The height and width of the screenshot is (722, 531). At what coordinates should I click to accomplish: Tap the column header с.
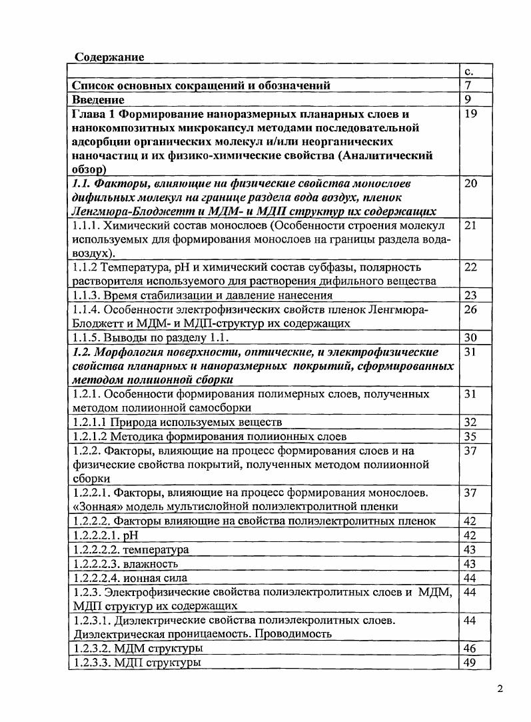click(469, 71)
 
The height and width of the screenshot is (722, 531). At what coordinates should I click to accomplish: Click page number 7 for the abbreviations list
click(468, 85)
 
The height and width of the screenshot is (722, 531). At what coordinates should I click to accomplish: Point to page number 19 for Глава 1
click(471, 114)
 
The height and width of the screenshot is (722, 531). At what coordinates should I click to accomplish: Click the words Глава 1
click(94, 114)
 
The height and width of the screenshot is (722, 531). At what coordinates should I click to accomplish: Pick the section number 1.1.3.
click(88, 295)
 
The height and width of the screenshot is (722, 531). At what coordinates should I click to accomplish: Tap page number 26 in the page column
click(471, 309)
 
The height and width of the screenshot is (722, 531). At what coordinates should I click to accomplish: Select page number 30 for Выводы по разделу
click(471, 337)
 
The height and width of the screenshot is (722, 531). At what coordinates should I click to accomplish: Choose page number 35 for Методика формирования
click(471, 437)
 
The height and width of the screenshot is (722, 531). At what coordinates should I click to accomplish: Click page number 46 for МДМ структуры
click(471, 648)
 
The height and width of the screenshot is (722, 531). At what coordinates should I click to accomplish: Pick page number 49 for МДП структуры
click(471, 662)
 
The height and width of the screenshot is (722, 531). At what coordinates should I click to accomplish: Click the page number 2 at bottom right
click(500, 689)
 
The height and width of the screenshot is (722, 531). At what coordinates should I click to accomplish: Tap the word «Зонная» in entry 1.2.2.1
click(92, 507)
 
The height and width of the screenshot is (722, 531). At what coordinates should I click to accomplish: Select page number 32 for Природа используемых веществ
click(471, 422)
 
